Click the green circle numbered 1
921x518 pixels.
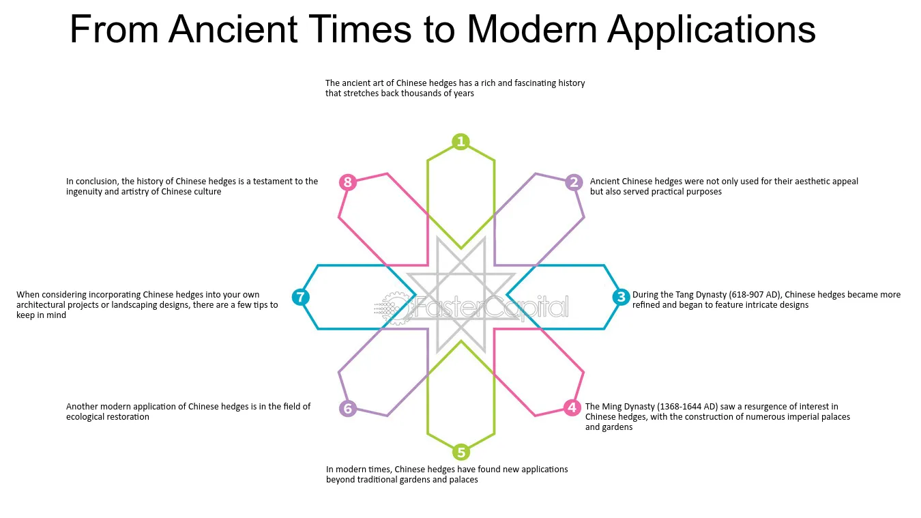460,141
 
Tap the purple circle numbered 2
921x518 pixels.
574,182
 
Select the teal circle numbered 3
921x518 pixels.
621,297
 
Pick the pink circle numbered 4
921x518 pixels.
572,407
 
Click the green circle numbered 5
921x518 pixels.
461,452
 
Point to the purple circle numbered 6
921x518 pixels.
348,409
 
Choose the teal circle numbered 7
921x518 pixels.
301,297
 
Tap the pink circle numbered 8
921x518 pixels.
348,182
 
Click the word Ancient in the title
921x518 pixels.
233,29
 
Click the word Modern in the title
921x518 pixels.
531,29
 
